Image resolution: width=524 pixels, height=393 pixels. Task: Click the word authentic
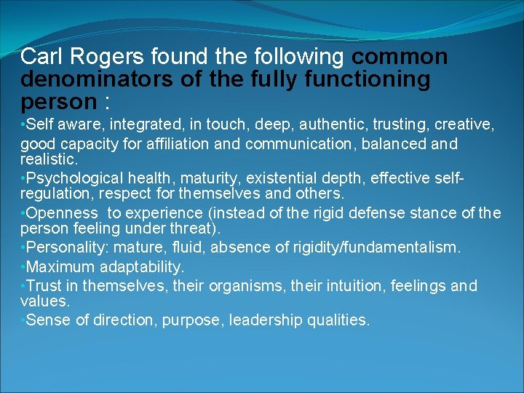point(335,125)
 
